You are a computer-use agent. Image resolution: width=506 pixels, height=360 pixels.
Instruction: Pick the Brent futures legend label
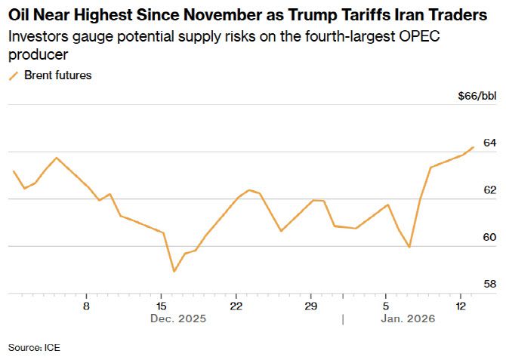[x=58, y=75]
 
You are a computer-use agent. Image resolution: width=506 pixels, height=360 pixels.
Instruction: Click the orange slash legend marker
[x=13, y=75]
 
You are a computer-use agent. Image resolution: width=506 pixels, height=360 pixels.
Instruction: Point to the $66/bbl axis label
[x=477, y=97]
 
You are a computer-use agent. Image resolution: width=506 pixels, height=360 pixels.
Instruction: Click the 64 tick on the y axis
[x=489, y=143]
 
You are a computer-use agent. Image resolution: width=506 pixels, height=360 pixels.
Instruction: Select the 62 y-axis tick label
[x=489, y=190]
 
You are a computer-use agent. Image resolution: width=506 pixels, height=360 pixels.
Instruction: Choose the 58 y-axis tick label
[x=489, y=285]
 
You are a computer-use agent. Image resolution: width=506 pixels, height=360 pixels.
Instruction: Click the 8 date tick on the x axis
[x=87, y=306]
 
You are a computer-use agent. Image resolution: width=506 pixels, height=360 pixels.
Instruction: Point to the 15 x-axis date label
[x=161, y=306]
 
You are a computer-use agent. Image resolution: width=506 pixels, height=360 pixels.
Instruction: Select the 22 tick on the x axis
[x=236, y=306]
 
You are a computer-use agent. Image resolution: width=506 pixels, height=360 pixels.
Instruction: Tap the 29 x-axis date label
[x=310, y=306]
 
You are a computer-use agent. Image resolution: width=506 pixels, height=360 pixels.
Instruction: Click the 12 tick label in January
[x=461, y=306]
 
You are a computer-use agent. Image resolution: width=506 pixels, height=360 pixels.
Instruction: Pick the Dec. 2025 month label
[x=177, y=319]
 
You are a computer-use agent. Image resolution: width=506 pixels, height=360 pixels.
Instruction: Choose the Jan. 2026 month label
[x=401, y=319]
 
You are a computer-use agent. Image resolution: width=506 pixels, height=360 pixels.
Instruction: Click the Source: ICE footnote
[x=34, y=347]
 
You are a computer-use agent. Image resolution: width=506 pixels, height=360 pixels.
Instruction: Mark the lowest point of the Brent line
[x=174, y=271]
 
